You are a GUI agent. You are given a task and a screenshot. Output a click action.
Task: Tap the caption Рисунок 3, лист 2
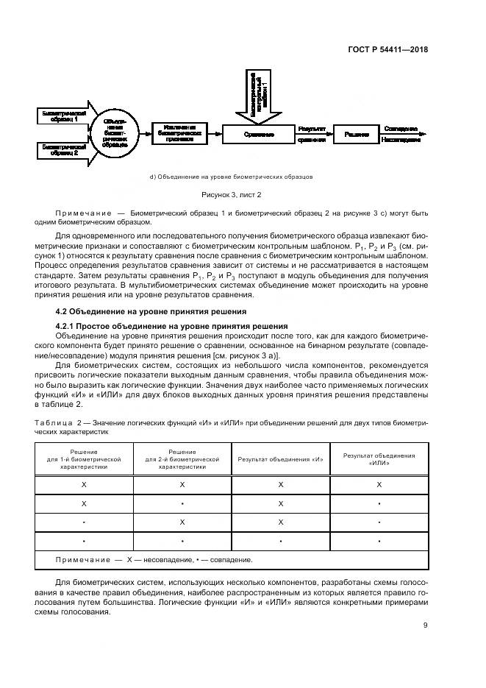pos(232,195)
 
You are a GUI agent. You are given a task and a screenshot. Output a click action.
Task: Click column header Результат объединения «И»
pos(280,460)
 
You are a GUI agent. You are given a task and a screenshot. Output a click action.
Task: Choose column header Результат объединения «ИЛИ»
pos(379,460)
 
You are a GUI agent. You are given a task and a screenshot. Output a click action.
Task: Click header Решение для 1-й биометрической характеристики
pos(83,460)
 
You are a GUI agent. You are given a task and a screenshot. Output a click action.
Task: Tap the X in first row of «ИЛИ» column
pos(379,485)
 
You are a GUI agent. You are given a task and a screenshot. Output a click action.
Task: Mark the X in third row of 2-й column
pos(182,522)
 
